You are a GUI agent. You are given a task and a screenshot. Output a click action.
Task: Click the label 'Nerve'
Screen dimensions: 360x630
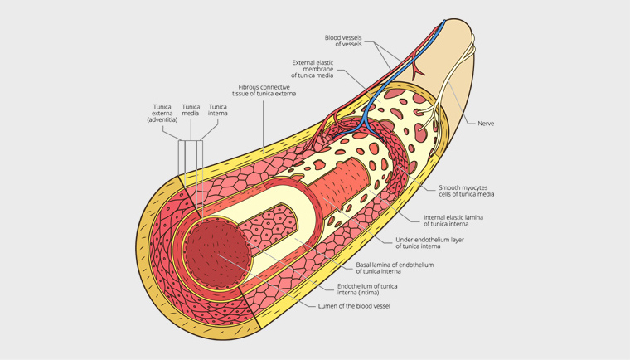486,124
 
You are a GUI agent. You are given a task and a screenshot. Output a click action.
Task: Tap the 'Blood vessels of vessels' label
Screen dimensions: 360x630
343,41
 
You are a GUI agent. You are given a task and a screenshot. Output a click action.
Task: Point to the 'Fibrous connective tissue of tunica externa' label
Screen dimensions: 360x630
267,90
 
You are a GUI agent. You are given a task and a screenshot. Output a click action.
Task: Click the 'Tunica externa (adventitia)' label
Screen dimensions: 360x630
162,113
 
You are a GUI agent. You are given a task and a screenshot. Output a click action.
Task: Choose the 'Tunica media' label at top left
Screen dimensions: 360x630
191,109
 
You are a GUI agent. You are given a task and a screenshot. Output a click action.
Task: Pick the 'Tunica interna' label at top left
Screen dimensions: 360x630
218,109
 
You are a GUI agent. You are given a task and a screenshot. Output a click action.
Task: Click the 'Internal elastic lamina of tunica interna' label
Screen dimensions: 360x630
453,220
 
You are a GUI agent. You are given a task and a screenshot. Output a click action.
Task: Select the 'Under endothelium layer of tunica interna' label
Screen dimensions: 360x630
429,242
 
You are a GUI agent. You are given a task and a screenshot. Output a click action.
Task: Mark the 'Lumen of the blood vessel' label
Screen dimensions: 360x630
354,306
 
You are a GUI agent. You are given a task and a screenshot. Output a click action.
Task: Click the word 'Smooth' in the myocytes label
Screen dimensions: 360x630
449,187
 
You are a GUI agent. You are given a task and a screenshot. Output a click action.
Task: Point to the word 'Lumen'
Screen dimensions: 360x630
328,306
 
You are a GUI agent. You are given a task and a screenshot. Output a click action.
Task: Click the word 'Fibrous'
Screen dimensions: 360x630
250,87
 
